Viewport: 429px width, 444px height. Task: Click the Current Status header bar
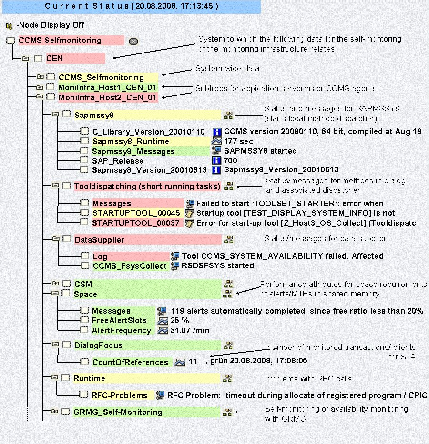point(131,6)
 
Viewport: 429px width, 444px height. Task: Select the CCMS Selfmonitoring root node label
point(60,40)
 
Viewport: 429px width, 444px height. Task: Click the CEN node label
point(55,59)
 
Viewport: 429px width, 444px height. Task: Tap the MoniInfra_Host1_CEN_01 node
point(107,87)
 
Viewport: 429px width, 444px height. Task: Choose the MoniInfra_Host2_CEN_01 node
point(107,97)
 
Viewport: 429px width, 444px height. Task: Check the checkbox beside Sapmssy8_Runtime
point(84,141)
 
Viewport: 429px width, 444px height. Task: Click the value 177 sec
point(238,141)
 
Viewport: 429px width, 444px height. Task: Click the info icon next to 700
point(217,161)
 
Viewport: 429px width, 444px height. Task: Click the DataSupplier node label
point(99,239)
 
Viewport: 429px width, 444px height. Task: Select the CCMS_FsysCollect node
point(130,266)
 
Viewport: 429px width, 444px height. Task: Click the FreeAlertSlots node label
point(119,320)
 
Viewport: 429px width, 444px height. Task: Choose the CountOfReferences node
point(130,362)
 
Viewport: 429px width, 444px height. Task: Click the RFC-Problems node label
point(120,395)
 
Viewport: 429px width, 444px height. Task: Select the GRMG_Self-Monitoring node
point(118,412)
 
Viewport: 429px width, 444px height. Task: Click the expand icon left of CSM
point(55,284)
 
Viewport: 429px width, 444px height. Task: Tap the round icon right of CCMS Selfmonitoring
point(133,41)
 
